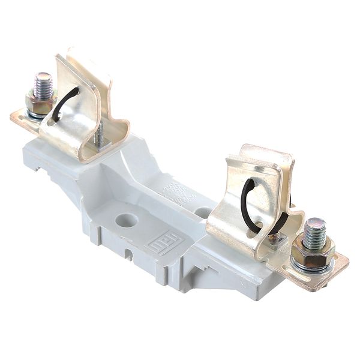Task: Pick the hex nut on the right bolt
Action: (x=313, y=248)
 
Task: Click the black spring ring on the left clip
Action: (x=66, y=102)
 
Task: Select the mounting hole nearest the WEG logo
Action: (x=127, y=220)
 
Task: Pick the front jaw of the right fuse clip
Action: (x=234, y=222)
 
